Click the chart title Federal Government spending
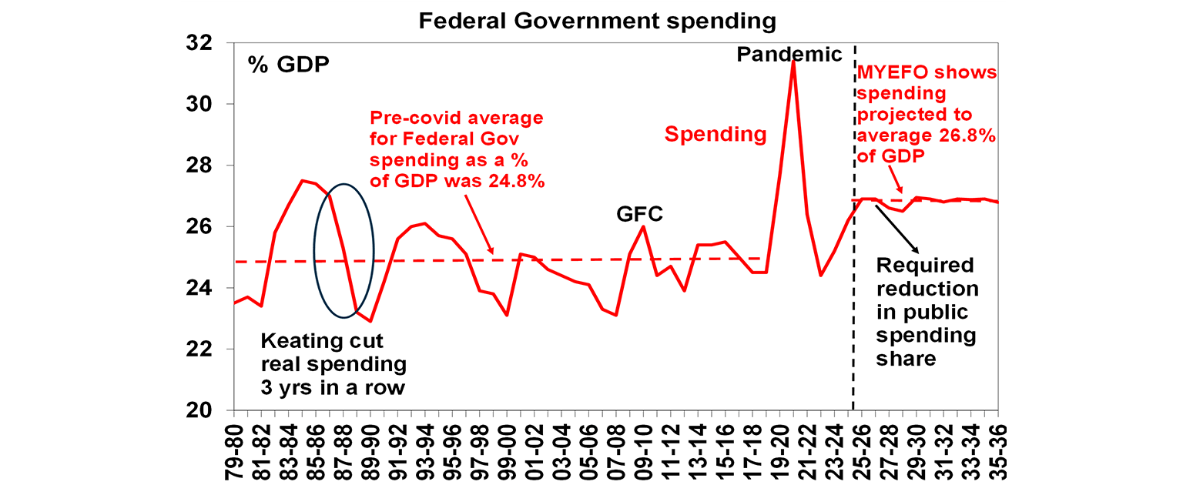click(x=597, y=21)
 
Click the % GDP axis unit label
click(x=288, y=64)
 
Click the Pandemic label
click(x=789, y=55)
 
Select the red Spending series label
click(x=715, y=135)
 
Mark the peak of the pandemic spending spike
click(x=793, y=61)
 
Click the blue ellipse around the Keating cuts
click(x=344, y=251)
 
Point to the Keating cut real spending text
click(x=333, y=363)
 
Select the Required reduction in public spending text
click(x=927, y=312)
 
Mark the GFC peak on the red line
click(x=643, y=226)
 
